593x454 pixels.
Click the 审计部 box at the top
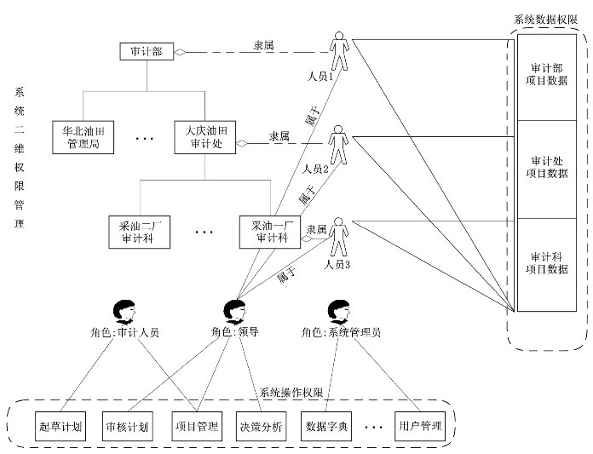[147, 53]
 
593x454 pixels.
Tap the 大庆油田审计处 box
[205, 138]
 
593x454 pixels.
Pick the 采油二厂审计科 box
[140, 233]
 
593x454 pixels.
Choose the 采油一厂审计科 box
[270, 233]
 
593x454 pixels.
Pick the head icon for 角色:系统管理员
[338, 312]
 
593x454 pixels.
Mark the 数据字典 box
[326, 424]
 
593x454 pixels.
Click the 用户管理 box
[420, 424]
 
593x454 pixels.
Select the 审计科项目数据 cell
[549, 262]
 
